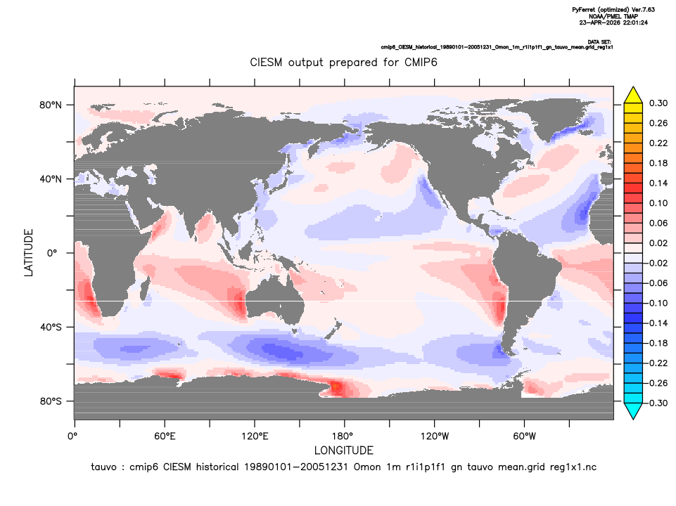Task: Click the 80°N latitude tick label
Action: tap(51, 105)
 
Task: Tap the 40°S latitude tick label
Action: tap(51, 327)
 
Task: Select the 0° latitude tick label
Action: tap(52, 253)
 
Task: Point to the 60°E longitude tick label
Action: tap(165, 436)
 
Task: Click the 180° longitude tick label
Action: tap(345, 436)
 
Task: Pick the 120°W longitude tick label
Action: tap(435, 436)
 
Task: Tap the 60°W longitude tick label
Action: tap(525, 436)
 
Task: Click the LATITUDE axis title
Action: tap(28, 253)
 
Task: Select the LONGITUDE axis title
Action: tap(343, 450)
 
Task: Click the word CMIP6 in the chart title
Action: tap(421, 63)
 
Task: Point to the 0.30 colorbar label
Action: tap(658, 103)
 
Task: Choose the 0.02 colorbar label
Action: tap(658, 243)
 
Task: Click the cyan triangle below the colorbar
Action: tap(633, 410)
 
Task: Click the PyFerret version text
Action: tap(613, 10)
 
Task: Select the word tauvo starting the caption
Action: tap(103, 467)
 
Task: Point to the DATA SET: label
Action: tap(599, 41)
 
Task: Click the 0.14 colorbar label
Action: tap(658, 183)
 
